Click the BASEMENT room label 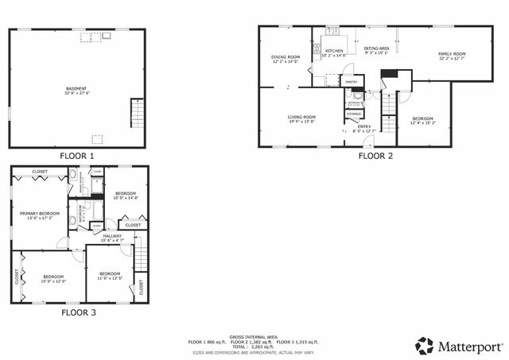click(76, 88)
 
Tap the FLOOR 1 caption click(76, 156)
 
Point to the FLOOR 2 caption click(375, 156)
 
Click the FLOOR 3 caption click(79, 312)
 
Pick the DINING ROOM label click(286, 57)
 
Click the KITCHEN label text click(334, 51)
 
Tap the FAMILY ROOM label click(452, 53)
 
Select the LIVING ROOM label click(301, 118)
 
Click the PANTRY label click(351, 82)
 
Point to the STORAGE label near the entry click(354, 114)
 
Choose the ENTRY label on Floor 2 click(363, 126)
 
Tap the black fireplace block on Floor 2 click(388, 74)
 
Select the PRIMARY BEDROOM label click(40, 213)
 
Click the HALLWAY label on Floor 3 click(112, 235)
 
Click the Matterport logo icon click(425, 346)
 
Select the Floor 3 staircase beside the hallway click(141, 253)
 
